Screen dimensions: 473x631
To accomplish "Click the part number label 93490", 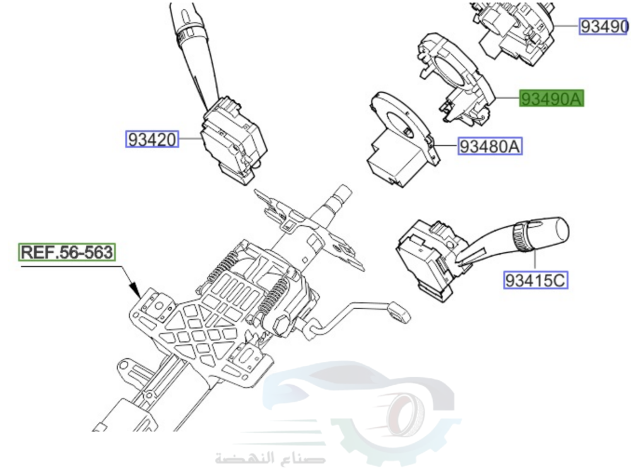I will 604,26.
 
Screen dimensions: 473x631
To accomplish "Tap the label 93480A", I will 490,147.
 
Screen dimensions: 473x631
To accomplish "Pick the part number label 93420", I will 153,139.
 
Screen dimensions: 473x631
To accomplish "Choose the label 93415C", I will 535,279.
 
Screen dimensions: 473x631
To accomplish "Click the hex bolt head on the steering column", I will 282,325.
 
